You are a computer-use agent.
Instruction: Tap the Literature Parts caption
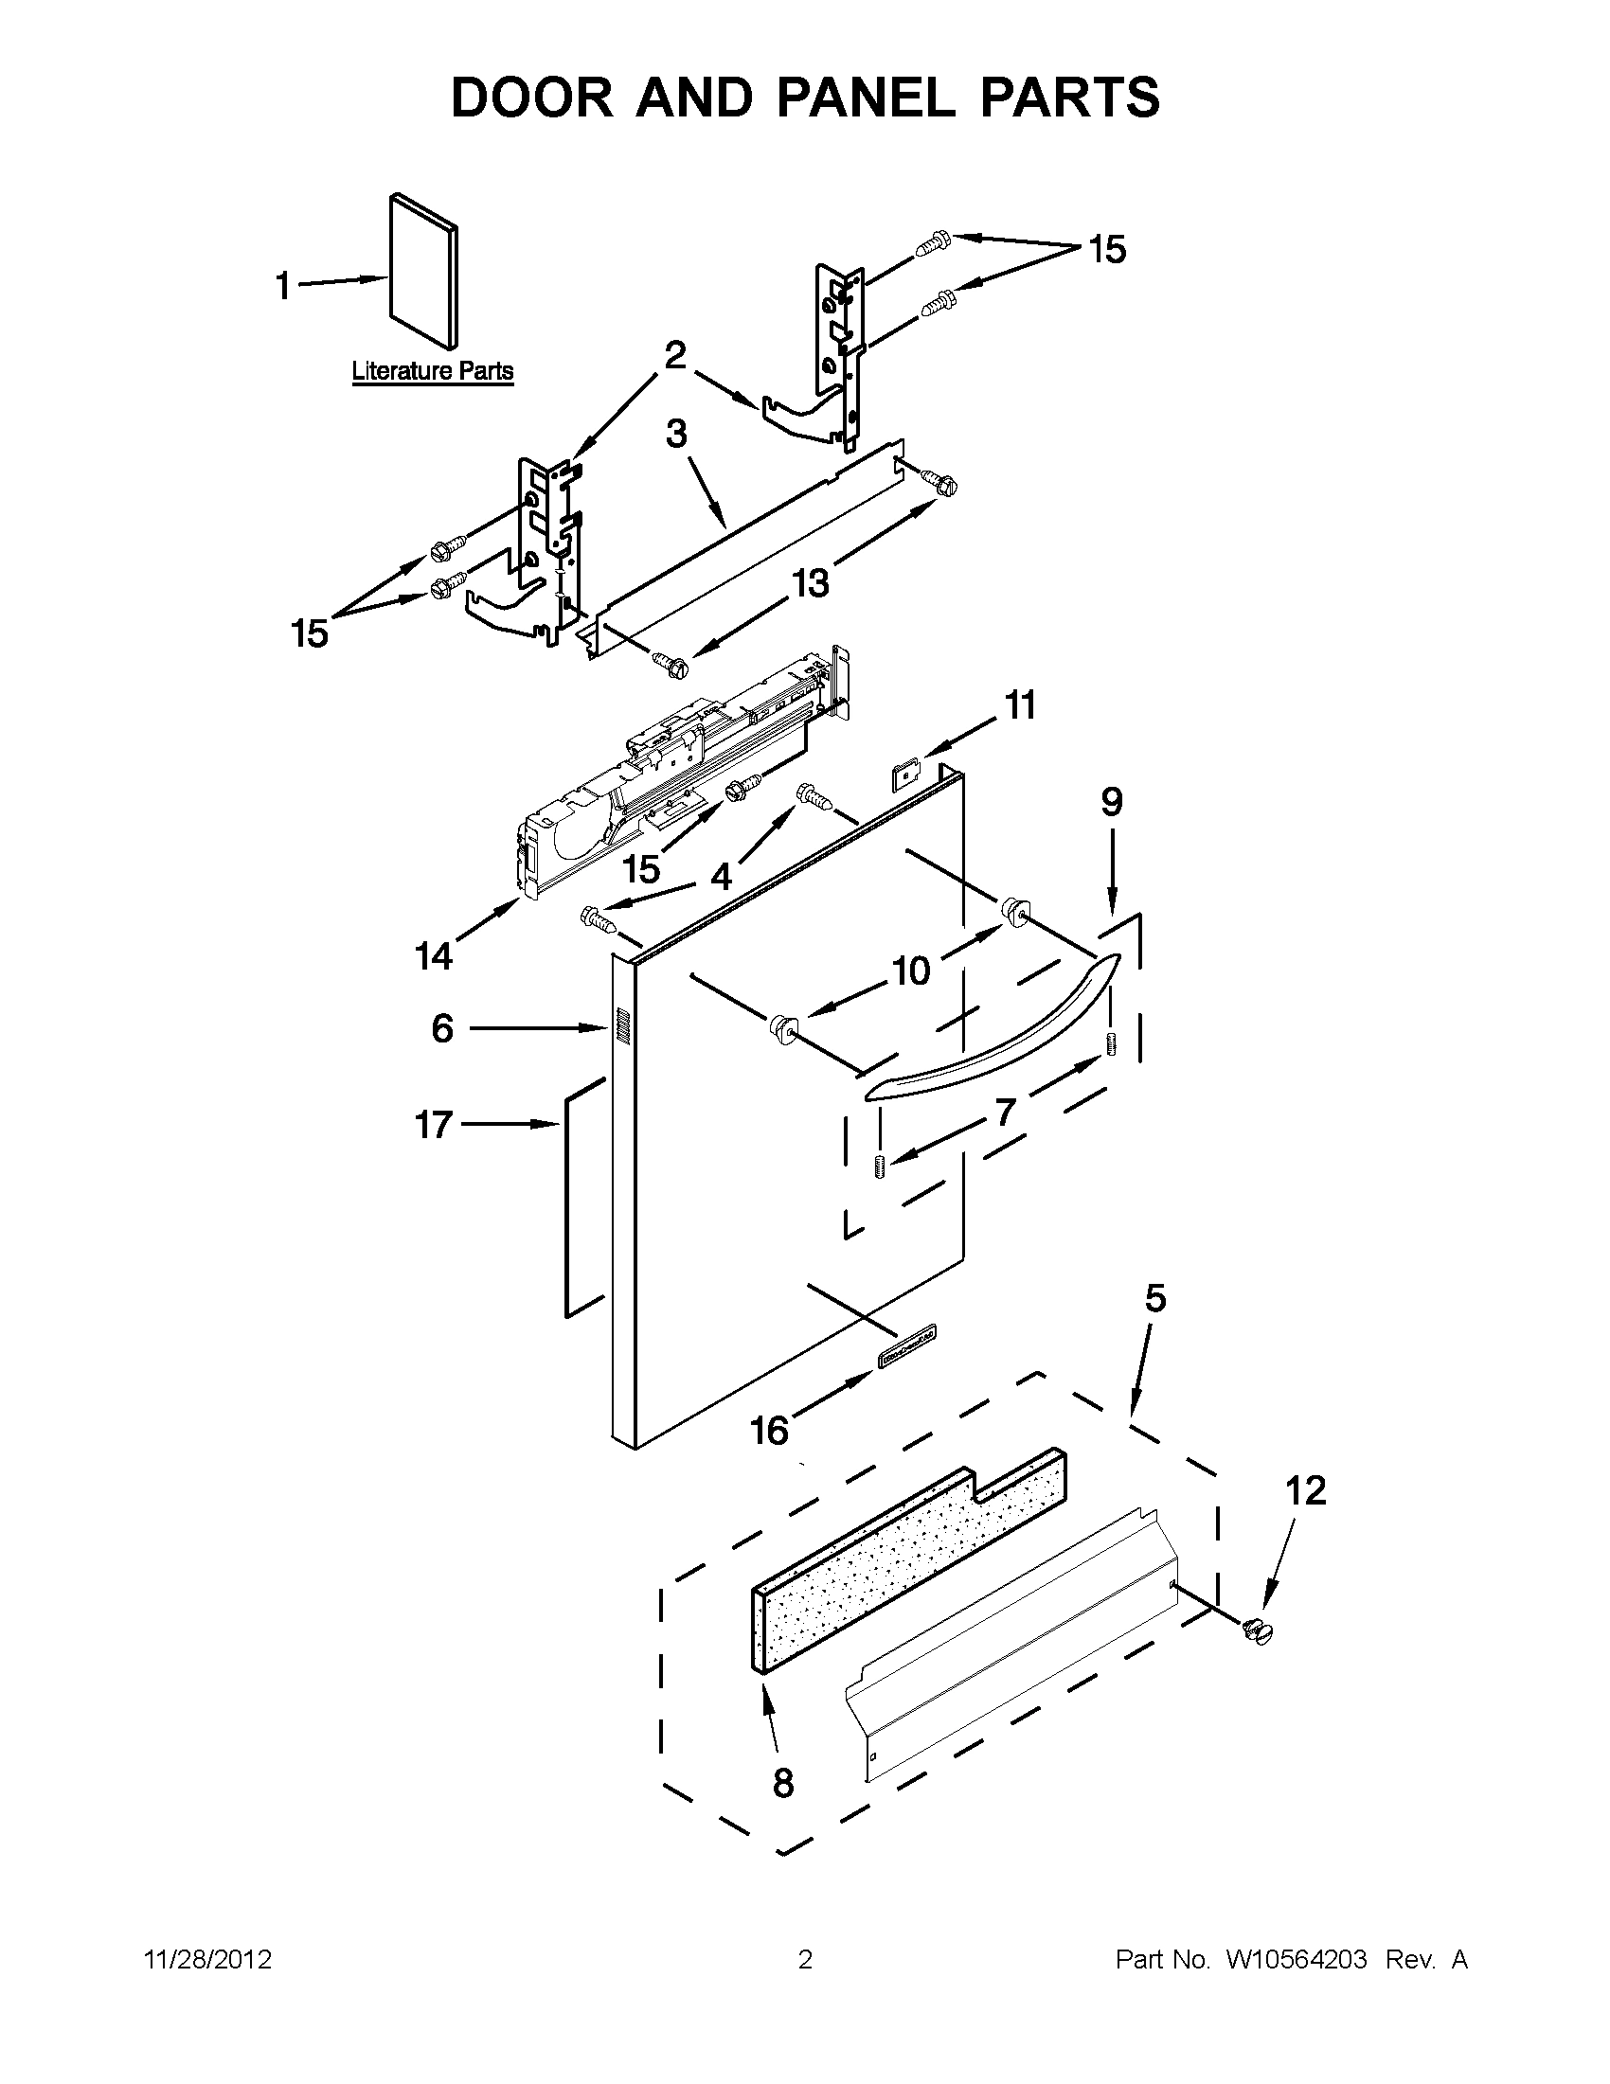[432, 370]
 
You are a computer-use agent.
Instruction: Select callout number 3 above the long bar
[675, 434]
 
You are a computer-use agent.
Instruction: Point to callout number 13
[811, 582]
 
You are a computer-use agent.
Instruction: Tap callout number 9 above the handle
[1112, 803]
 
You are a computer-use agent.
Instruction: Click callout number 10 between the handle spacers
[911, 971]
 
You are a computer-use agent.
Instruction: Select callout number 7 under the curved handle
[1005, 1111]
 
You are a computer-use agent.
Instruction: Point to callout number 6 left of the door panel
[442, 1027]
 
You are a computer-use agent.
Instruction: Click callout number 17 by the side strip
[432, 1125]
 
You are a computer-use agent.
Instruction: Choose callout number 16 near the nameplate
[769, 1430]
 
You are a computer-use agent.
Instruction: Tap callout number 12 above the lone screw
[1306, 1489]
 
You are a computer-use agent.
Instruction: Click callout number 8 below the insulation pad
[782, 1783]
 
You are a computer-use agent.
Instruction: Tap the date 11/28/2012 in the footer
[208, 1960]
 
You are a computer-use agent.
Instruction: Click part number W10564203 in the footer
[1296, 1960]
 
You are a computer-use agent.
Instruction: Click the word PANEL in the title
[857, 98]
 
